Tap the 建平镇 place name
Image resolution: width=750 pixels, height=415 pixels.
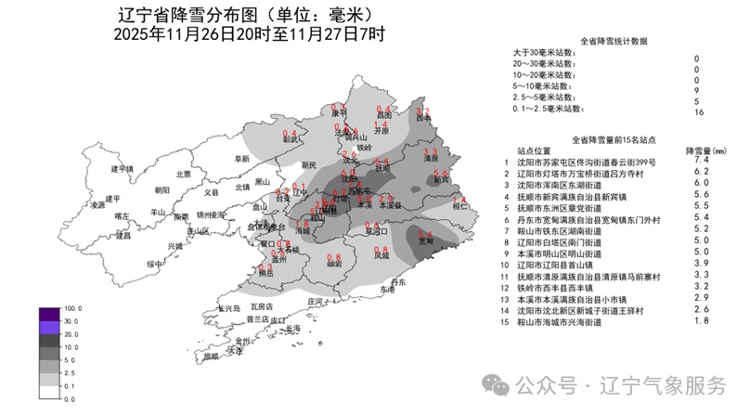pos(123,169)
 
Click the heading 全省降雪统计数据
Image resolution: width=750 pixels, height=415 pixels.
pos(614,42)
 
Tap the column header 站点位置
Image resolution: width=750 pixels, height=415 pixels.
pos(536,149)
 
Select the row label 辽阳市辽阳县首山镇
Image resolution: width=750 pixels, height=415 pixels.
pos(563,264)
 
